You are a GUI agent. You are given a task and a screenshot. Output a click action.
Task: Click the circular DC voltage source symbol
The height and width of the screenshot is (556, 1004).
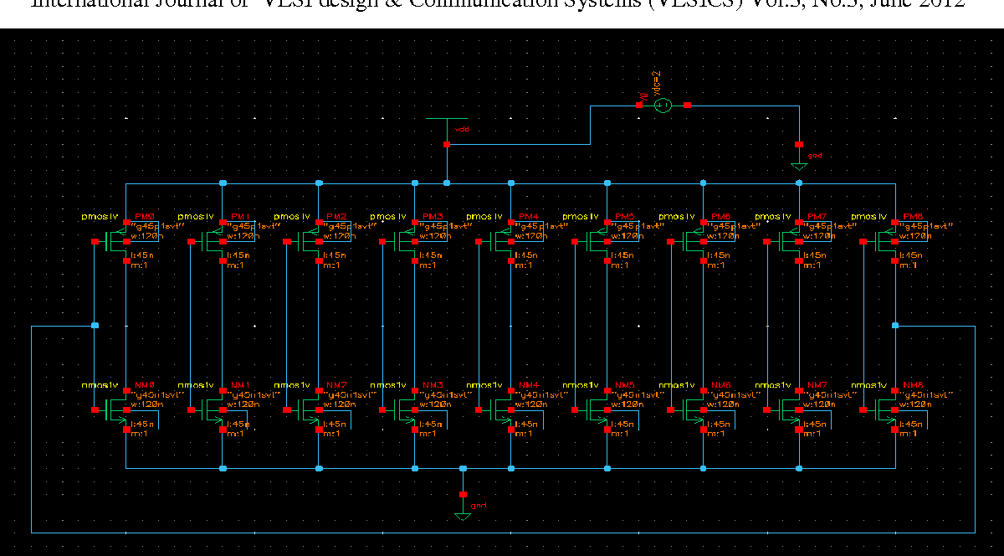[x=662, y=105]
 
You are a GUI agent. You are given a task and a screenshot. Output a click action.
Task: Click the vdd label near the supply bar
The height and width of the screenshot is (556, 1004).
[x=461, y=130]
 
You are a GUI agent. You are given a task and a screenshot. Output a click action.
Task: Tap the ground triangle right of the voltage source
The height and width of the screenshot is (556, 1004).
[x=799, y=166]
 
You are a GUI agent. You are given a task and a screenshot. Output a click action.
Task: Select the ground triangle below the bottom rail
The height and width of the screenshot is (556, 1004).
[x=462, y=515]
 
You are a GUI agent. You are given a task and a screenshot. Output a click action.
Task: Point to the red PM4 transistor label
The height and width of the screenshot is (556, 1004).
[x=530, y=217]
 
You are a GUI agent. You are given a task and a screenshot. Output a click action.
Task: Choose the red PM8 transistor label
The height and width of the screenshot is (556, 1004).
[x=914, y=217]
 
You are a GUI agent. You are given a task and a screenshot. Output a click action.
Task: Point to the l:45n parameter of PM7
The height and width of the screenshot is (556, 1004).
[x=816, y=255]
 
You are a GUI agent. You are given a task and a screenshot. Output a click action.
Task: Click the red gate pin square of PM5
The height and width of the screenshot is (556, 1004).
[x=576, y=242]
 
